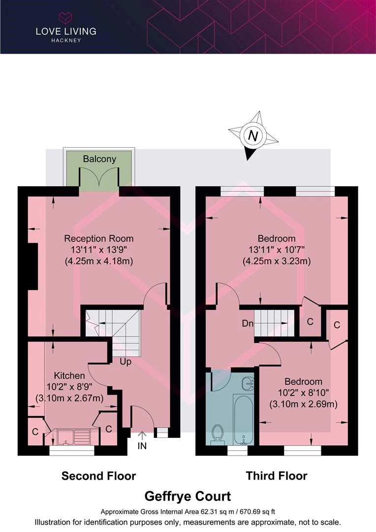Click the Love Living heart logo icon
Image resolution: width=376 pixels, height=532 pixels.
pos(65,18)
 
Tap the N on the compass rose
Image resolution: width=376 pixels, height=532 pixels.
pos(253,136)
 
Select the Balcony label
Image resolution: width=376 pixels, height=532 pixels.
pos(99,159)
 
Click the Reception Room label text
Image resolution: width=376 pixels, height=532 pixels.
pos(98,238)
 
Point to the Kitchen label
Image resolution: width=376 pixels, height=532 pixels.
pos(69,375)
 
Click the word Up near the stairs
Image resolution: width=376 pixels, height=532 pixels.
pos(125,362)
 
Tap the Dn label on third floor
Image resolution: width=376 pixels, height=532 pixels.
pos(248,323)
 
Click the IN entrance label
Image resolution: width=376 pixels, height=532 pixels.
pos(142,445)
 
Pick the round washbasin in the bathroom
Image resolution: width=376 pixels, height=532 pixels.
pos(248,383)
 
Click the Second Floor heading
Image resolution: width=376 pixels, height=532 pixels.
pos(98,476)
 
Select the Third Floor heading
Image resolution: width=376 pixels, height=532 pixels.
pos(277,476)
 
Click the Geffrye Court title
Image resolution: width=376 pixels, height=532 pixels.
pos(188,497)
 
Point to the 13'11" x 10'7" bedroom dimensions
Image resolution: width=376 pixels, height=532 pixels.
pos(277,250)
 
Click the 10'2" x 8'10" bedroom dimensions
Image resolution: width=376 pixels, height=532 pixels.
pos(304,393)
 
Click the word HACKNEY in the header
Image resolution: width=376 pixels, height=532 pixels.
pos(66,40)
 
